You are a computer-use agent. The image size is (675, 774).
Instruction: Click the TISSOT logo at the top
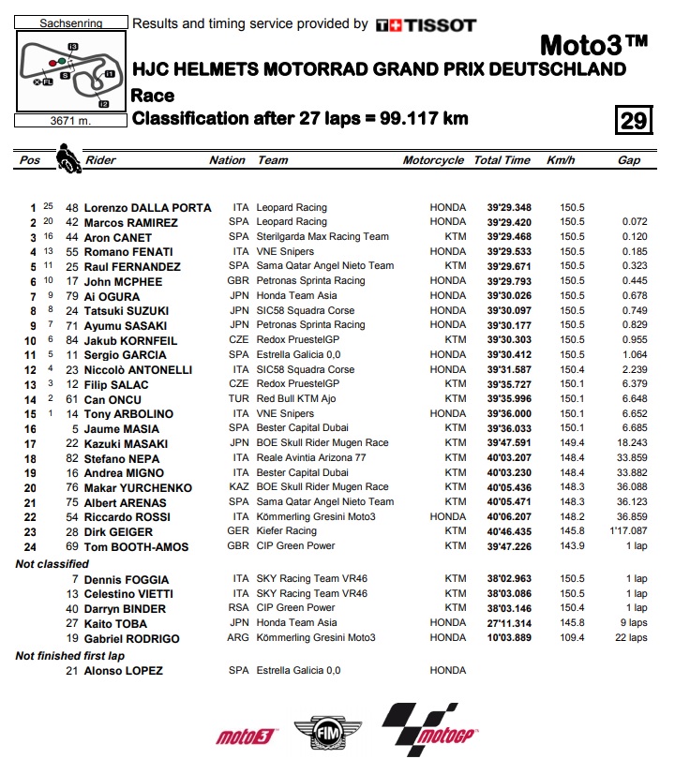pos(426,25)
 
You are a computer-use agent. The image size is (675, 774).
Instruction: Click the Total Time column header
pos(502,160)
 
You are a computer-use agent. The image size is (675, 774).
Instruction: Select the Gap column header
pos(629,160)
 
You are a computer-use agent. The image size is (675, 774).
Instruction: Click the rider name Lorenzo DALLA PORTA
pos(148,208)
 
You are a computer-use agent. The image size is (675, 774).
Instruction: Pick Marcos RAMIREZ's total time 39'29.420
pos(509,223)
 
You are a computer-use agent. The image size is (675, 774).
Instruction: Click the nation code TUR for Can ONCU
pos(239,400)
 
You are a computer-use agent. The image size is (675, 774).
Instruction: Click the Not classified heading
pos(52,564)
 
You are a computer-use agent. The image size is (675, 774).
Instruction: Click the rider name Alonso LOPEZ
pos(124,671)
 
